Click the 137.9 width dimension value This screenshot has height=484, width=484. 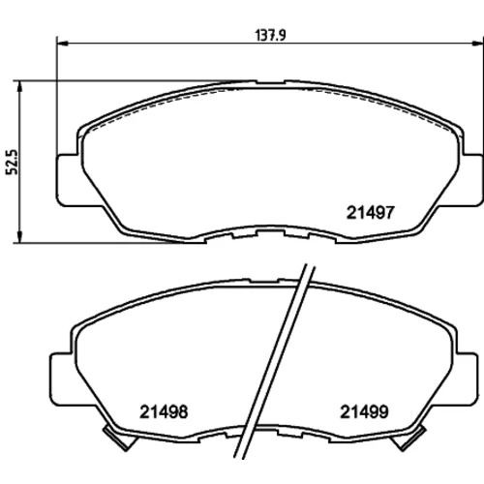click(270, 35)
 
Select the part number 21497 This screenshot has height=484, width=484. click(371, 213)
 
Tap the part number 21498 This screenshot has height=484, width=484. click(164, 412)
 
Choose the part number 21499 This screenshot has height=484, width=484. click(364, 412)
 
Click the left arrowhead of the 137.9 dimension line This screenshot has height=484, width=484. click(62, 43)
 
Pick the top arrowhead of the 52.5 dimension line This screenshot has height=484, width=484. click(20, 86)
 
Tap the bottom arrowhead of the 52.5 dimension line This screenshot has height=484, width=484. click(20, 237)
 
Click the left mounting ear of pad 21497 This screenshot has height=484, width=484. click(67, 180)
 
